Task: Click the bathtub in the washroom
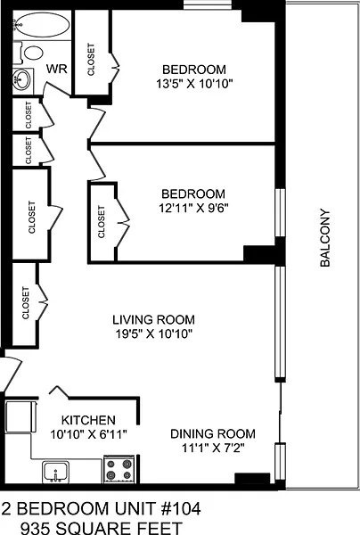tap(42, 24)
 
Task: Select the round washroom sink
tap(21, 79)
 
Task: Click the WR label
tap(57, 69)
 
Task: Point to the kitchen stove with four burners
tap(119, 469)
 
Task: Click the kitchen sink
tap(55, 472)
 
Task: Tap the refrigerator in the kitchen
tap(20, 416)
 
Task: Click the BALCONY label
tap(325, 238)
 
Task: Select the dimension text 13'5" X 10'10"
tap(194, 84)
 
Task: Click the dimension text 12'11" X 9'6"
tap(193, 208)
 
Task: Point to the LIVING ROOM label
tap(154, 320)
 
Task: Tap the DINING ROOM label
tap(213, 433)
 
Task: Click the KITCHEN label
tap(88, 420)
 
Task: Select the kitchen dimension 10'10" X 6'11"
tap(88, 434)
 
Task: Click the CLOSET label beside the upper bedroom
tap(91, 59)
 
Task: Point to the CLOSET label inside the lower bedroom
tap(102, 221)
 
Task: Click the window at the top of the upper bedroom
tap(208, 5)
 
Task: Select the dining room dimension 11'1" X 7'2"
tap(213, 448)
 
